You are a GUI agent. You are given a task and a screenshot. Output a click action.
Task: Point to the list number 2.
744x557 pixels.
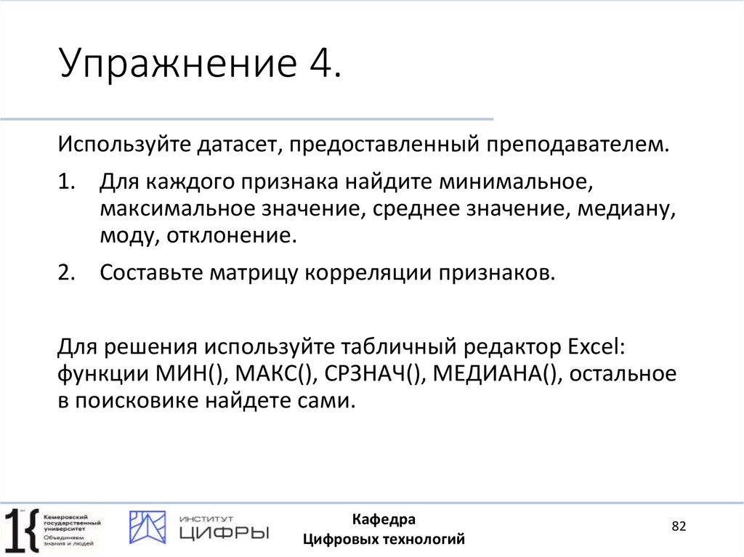click(68, 273)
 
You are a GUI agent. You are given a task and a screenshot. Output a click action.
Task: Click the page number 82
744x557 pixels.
click(679, 526)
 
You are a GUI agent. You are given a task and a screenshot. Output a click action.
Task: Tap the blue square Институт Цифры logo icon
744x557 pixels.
click(147, 527)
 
